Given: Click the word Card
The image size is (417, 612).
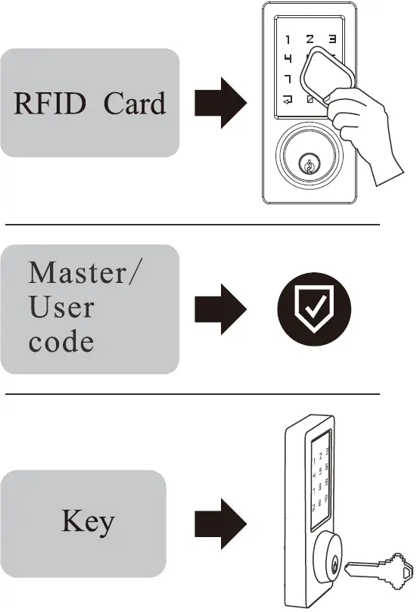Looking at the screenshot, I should (x=134, y=104).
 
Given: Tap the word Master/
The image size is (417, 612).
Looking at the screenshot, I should (x=83, y=272).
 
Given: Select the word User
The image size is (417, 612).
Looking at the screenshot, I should (x=61, y=308).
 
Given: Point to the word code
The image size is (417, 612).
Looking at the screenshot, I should (x=61, y=342).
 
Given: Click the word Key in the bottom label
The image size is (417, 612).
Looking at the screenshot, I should (x=88, y=521).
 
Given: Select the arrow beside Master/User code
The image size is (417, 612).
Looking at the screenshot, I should (x=220, y=309).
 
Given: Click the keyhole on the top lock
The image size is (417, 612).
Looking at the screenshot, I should (x=310, y=163).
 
